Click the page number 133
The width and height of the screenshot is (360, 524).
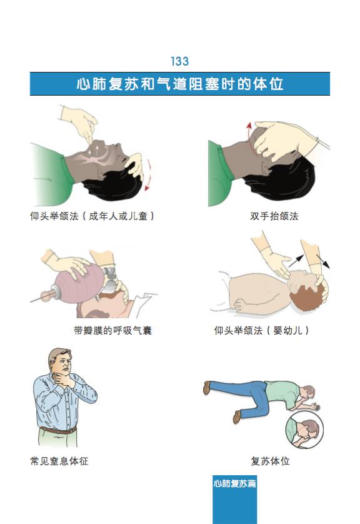179,61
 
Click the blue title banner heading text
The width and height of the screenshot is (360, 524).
179,84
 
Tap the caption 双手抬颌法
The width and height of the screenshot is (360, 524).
274,216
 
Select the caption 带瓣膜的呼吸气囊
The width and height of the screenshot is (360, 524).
113,331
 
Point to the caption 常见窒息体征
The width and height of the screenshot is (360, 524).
59,461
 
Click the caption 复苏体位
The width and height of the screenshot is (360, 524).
270,461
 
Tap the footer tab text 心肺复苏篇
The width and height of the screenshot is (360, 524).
235,483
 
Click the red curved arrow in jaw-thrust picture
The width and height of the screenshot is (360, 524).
249,135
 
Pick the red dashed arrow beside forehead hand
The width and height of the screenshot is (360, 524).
148,176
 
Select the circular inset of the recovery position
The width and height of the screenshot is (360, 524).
304,430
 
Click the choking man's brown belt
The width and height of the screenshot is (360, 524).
58,430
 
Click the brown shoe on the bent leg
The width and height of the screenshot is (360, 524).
237,416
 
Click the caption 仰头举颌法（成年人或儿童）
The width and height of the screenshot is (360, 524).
92,216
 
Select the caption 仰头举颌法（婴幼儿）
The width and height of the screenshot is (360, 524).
261,331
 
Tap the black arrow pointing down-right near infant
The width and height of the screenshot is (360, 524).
323,261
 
